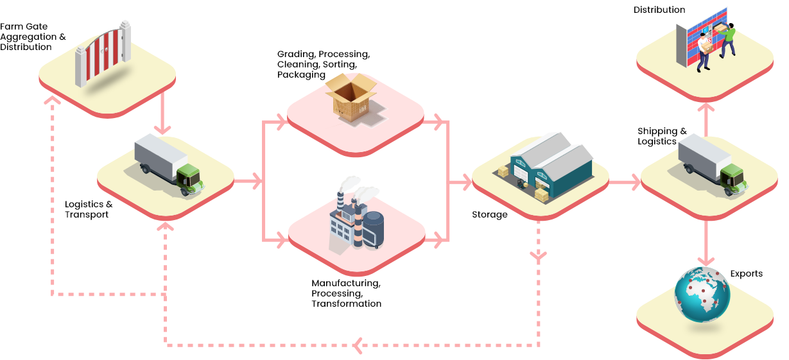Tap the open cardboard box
(x=351, y=98)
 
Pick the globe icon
(x=702, y=295)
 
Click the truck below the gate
(x=168, y=164)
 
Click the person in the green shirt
(x=728, y=40)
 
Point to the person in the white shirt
(x=704, y=51)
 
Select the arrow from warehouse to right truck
(x=624, y=182)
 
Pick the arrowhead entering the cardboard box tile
(x=280, y=122)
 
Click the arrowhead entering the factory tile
(x=280, y=241)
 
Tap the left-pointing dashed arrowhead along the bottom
(x=357, y=345)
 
